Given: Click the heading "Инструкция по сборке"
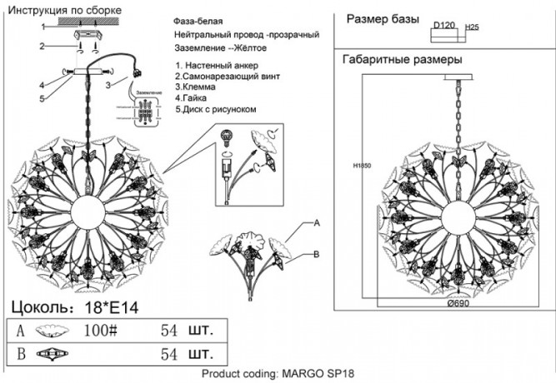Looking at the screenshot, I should (x=63, y=10).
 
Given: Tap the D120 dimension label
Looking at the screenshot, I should (x=443, y=26).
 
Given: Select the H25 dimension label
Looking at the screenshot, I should (x=473, y=27).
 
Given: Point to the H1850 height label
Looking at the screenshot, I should (x=361, y=166).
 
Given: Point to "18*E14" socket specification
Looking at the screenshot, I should (x=108, y=306).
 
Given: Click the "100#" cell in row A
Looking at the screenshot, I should (x=101, y=330).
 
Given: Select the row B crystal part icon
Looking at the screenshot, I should (x=51, y=354).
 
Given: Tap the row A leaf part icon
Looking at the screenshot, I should (x=50, y=330).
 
